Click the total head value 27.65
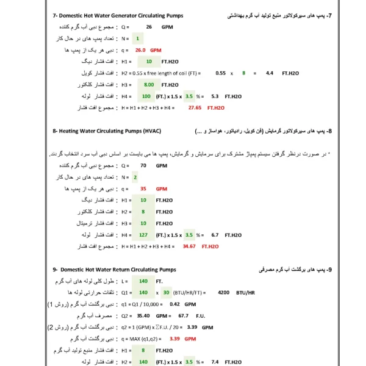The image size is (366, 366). click(195, 107)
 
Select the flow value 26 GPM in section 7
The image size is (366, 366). click(149, 27)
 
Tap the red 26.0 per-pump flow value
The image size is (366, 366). click(140, 50)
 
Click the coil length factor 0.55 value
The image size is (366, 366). click(221, 73)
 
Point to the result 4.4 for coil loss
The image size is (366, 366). click(270, 73)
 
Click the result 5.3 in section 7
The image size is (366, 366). click(215, 96)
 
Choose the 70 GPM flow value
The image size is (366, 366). click(143, 165)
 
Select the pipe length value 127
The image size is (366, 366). click(144, 234)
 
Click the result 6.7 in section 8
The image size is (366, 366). click(215, 234)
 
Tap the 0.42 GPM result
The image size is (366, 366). click(174, 304)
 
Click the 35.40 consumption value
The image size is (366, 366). click(144, 315)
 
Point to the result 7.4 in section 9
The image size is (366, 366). click(215, 362)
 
